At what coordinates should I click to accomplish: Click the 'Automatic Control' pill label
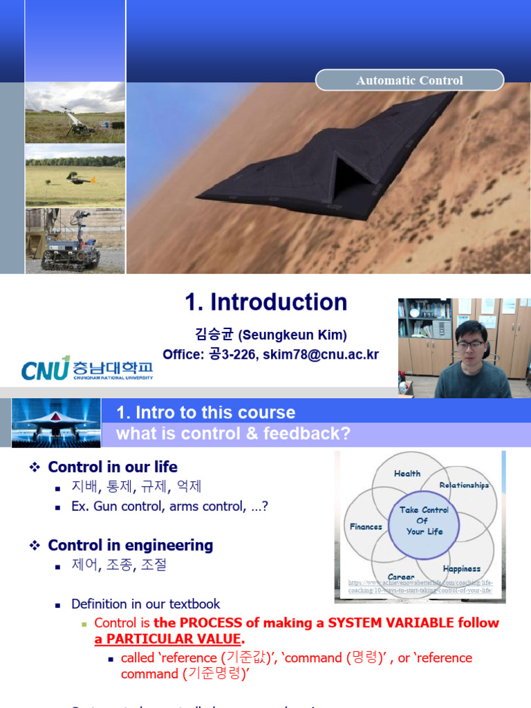click(409, 80)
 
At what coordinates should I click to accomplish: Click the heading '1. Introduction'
click(266, 302)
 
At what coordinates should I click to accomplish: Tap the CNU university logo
click(86, 368)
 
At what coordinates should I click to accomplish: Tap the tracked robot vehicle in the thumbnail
click(69, 245)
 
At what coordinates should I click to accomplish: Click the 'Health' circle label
click(407, 474)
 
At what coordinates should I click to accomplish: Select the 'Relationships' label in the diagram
click(464, 485)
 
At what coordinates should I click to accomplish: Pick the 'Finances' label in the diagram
click(366, 526)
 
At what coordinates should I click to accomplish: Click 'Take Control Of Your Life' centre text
click(424, 521)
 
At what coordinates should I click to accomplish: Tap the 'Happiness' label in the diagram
click(461, 569)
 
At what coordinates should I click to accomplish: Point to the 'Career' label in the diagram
click(401, 577)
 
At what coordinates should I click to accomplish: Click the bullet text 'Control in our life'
click(113, 467)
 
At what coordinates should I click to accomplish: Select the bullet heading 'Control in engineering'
click(130, 545)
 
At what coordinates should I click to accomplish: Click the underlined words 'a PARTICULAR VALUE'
click(167, 639)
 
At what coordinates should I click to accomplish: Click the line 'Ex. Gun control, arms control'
click(169, 506)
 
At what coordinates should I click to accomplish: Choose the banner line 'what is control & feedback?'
click(234, 434)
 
